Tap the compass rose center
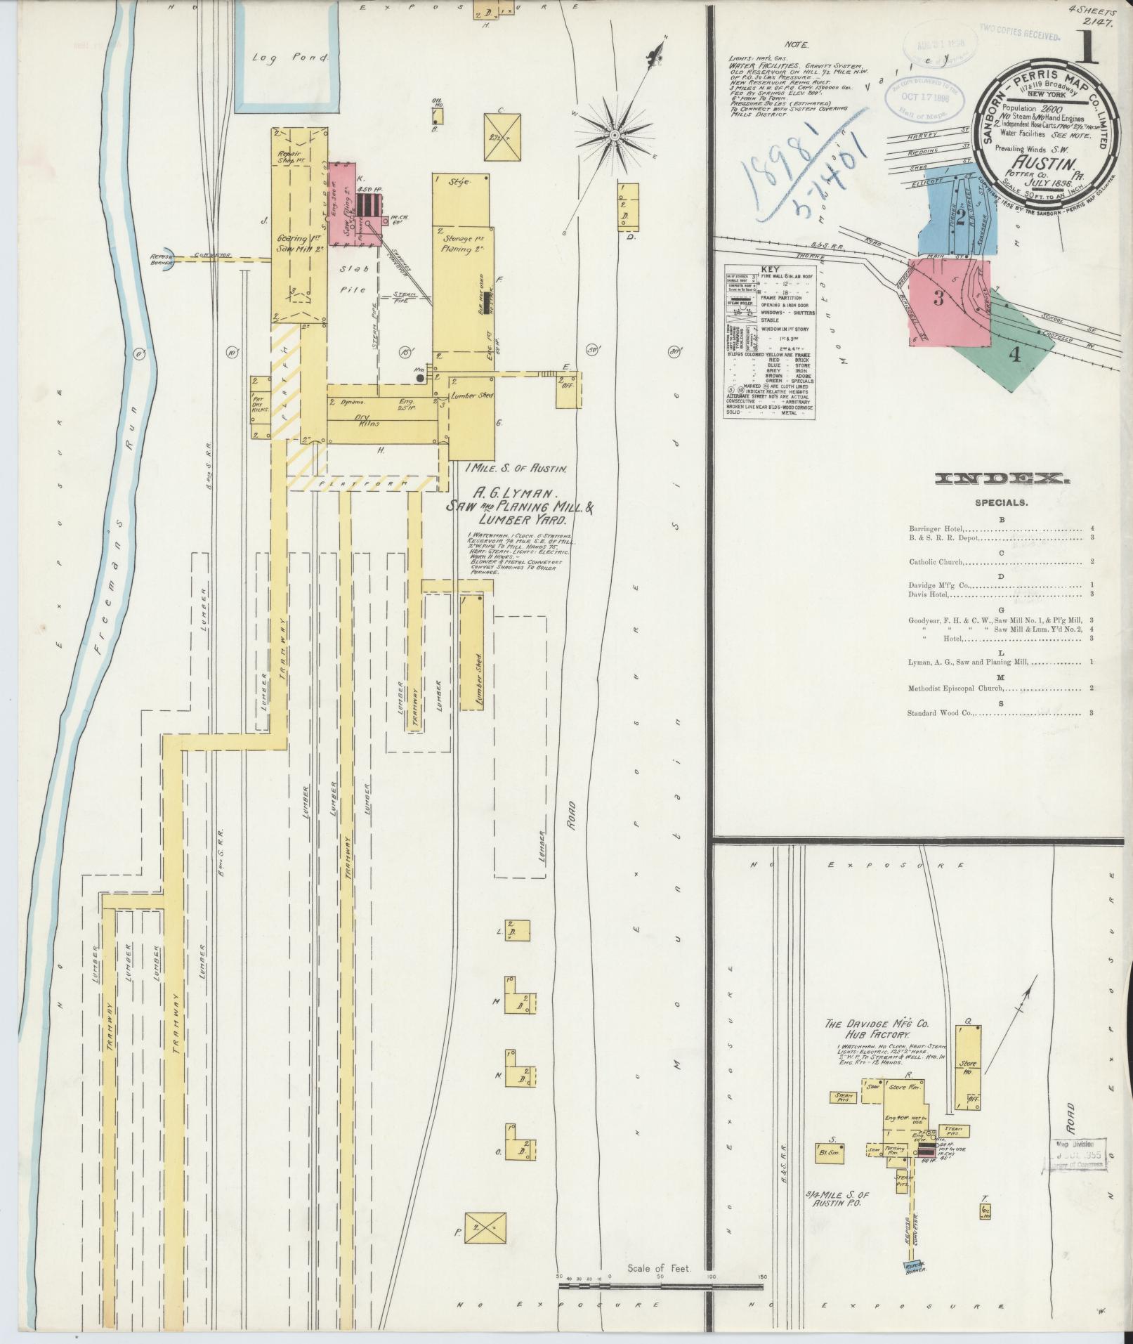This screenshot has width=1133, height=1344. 615,134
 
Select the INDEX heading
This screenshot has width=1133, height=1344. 1002,479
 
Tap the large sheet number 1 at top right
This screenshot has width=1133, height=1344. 1088,50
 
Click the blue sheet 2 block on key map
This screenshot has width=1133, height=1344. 959,214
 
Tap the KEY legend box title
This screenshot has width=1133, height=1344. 770,269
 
